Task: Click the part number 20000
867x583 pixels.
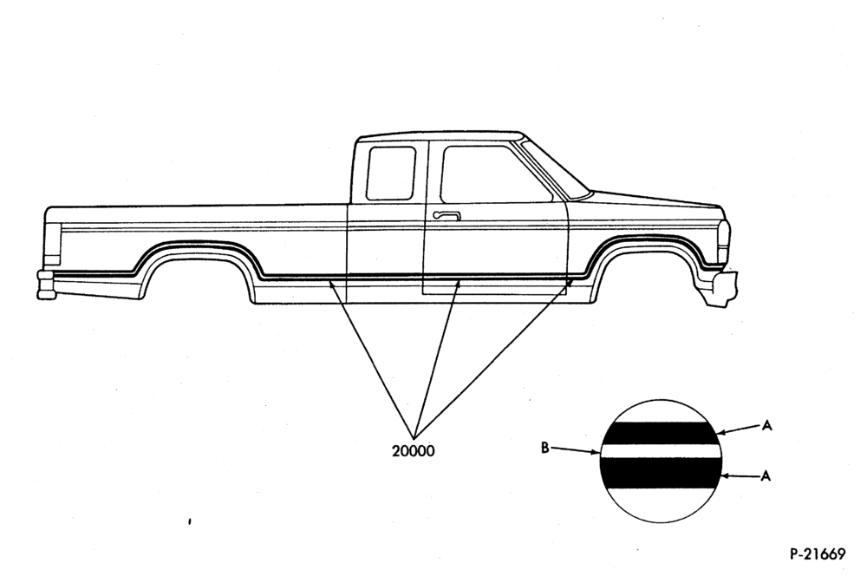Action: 413,451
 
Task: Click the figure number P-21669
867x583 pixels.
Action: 818,554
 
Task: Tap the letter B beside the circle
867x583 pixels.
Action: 544,448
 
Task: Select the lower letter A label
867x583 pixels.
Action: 766,475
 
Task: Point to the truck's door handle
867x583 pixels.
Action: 447,215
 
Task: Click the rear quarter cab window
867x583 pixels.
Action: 391,173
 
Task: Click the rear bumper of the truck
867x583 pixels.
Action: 46,285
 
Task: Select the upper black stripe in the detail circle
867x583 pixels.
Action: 660,433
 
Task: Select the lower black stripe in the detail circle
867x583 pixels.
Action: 661,475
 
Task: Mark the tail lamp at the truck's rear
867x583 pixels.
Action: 53,245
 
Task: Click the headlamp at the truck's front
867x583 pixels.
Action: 724,241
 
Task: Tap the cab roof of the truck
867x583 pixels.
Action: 440,136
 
